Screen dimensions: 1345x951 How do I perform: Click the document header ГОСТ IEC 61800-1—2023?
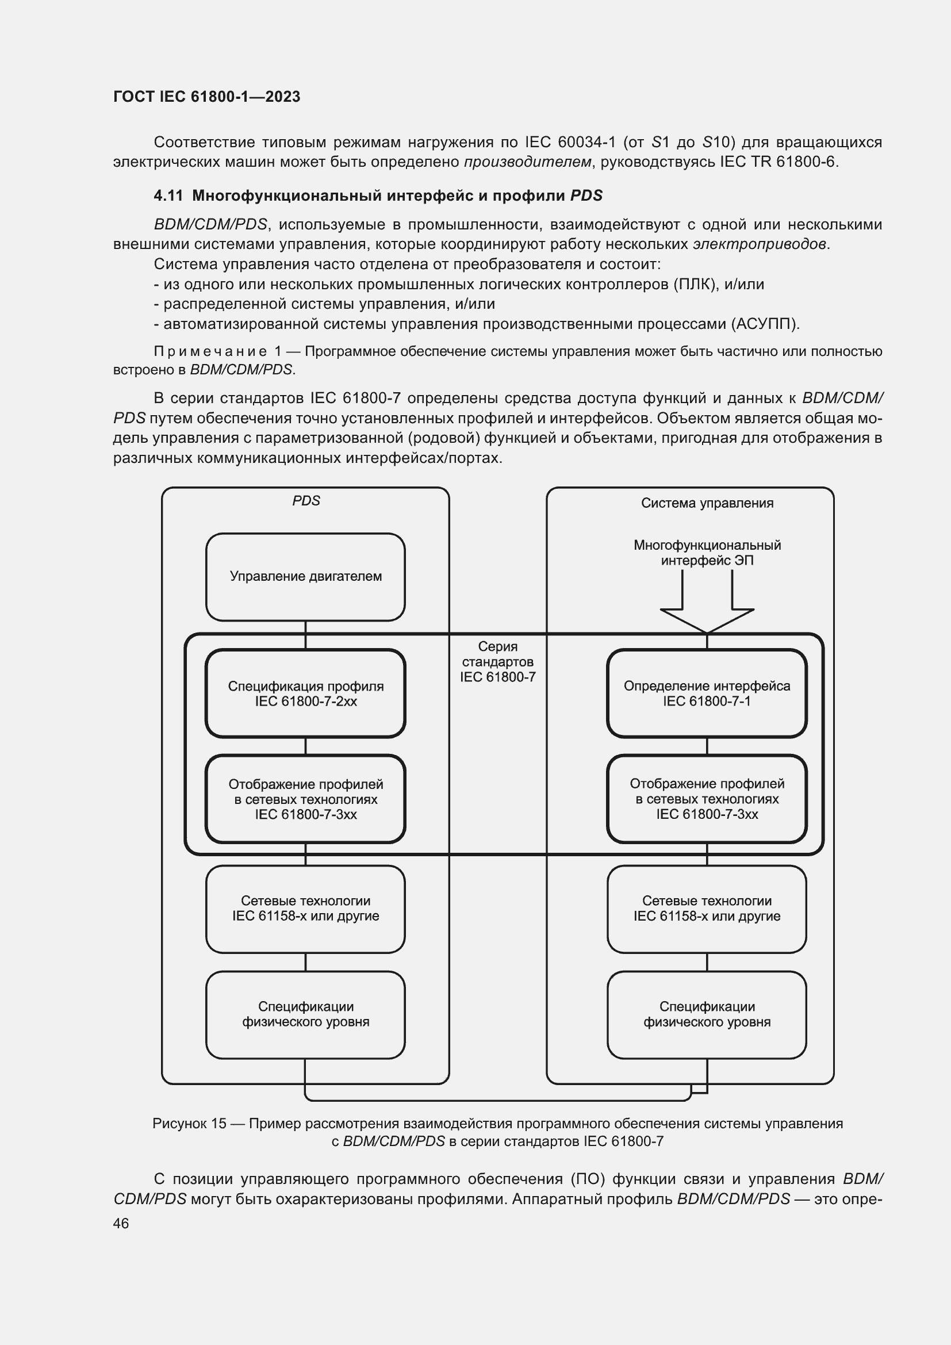[x=206, y=97]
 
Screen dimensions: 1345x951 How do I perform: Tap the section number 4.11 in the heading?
[x=168, y=196]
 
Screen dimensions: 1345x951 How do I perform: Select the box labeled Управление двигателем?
[x=305, y=576]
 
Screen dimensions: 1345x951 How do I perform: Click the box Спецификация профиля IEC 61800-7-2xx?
[x=305, y=693]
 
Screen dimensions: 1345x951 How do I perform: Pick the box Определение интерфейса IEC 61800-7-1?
[x=706, y=693]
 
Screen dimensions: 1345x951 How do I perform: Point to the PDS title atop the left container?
[x=306, y=501]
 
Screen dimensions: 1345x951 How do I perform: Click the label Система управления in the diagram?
[x=707, y=503]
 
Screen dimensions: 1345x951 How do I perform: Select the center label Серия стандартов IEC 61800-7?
[x=497, y=662]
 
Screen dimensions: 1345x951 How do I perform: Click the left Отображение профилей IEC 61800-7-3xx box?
[x=305, y=799]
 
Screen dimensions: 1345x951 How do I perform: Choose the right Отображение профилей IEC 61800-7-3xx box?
[x=706, y=799]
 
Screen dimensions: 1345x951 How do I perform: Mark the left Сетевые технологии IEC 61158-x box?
[x=305, y=909]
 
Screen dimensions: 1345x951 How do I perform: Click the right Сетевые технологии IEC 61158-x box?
[x=706, y=909]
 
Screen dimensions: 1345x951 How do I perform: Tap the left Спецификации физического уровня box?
[x=305, y=1014]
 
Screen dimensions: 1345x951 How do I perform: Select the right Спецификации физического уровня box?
[x=706, y=1014]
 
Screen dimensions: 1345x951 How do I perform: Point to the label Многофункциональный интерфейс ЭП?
[x=707, y=553]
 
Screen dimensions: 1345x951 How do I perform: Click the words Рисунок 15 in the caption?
[x=189, y=1124]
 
